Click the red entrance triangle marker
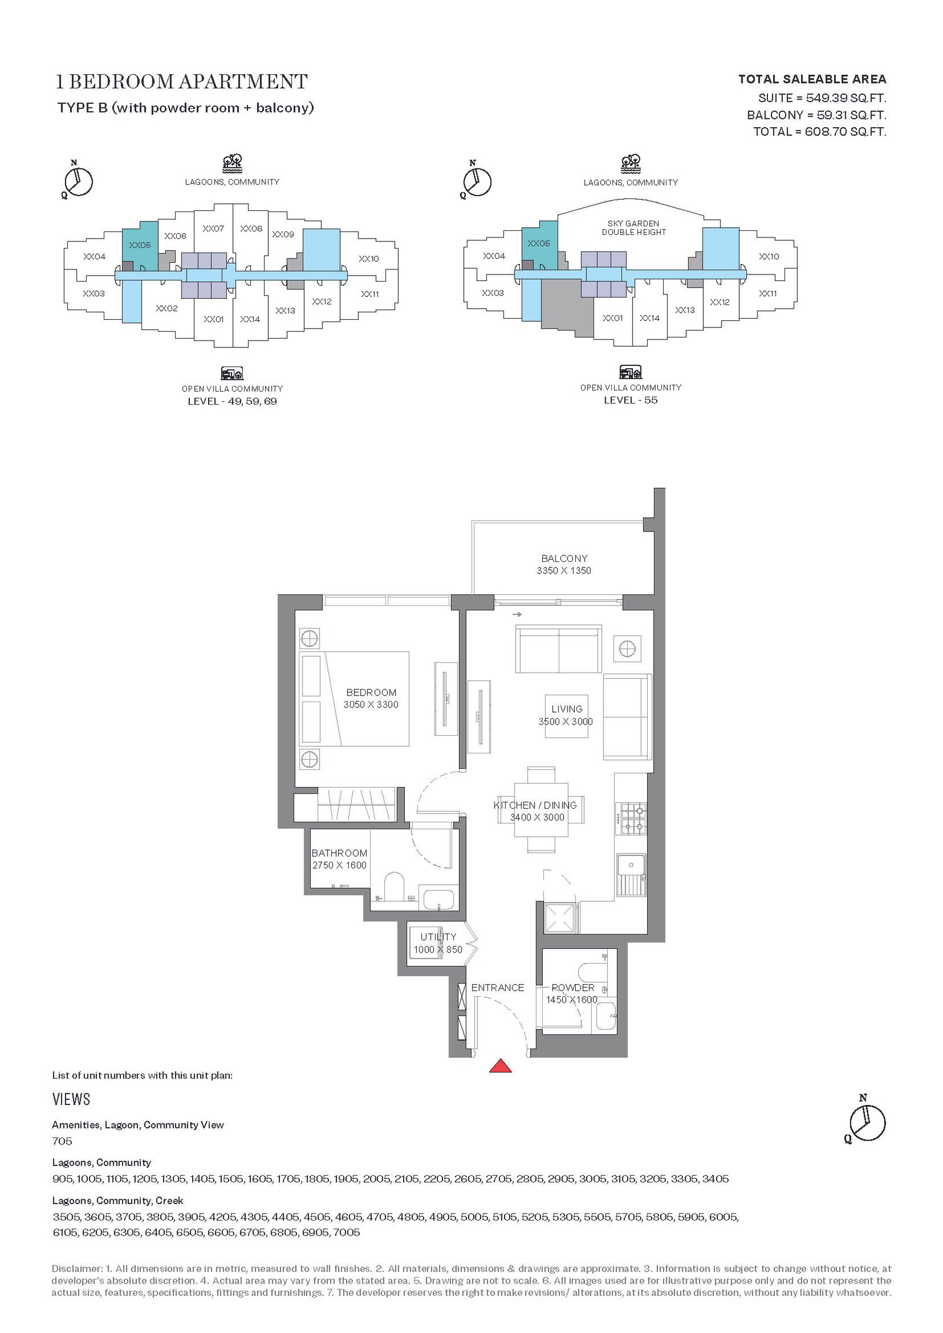[x=500, y=1066]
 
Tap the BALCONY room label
[x=564, y=558]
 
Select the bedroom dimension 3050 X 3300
[x=371, y=704]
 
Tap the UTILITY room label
[x=438, y=937]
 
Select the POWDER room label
[x=573, y=987]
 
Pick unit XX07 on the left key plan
[x=213, y=229]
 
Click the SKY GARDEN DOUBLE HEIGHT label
[x=634, y=228]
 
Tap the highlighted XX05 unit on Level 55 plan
[x=539, y=243]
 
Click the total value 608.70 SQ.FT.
[x=846, y=131]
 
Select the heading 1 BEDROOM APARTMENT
[x=182, y=81]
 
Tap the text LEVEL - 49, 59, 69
[x=232, y=401]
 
